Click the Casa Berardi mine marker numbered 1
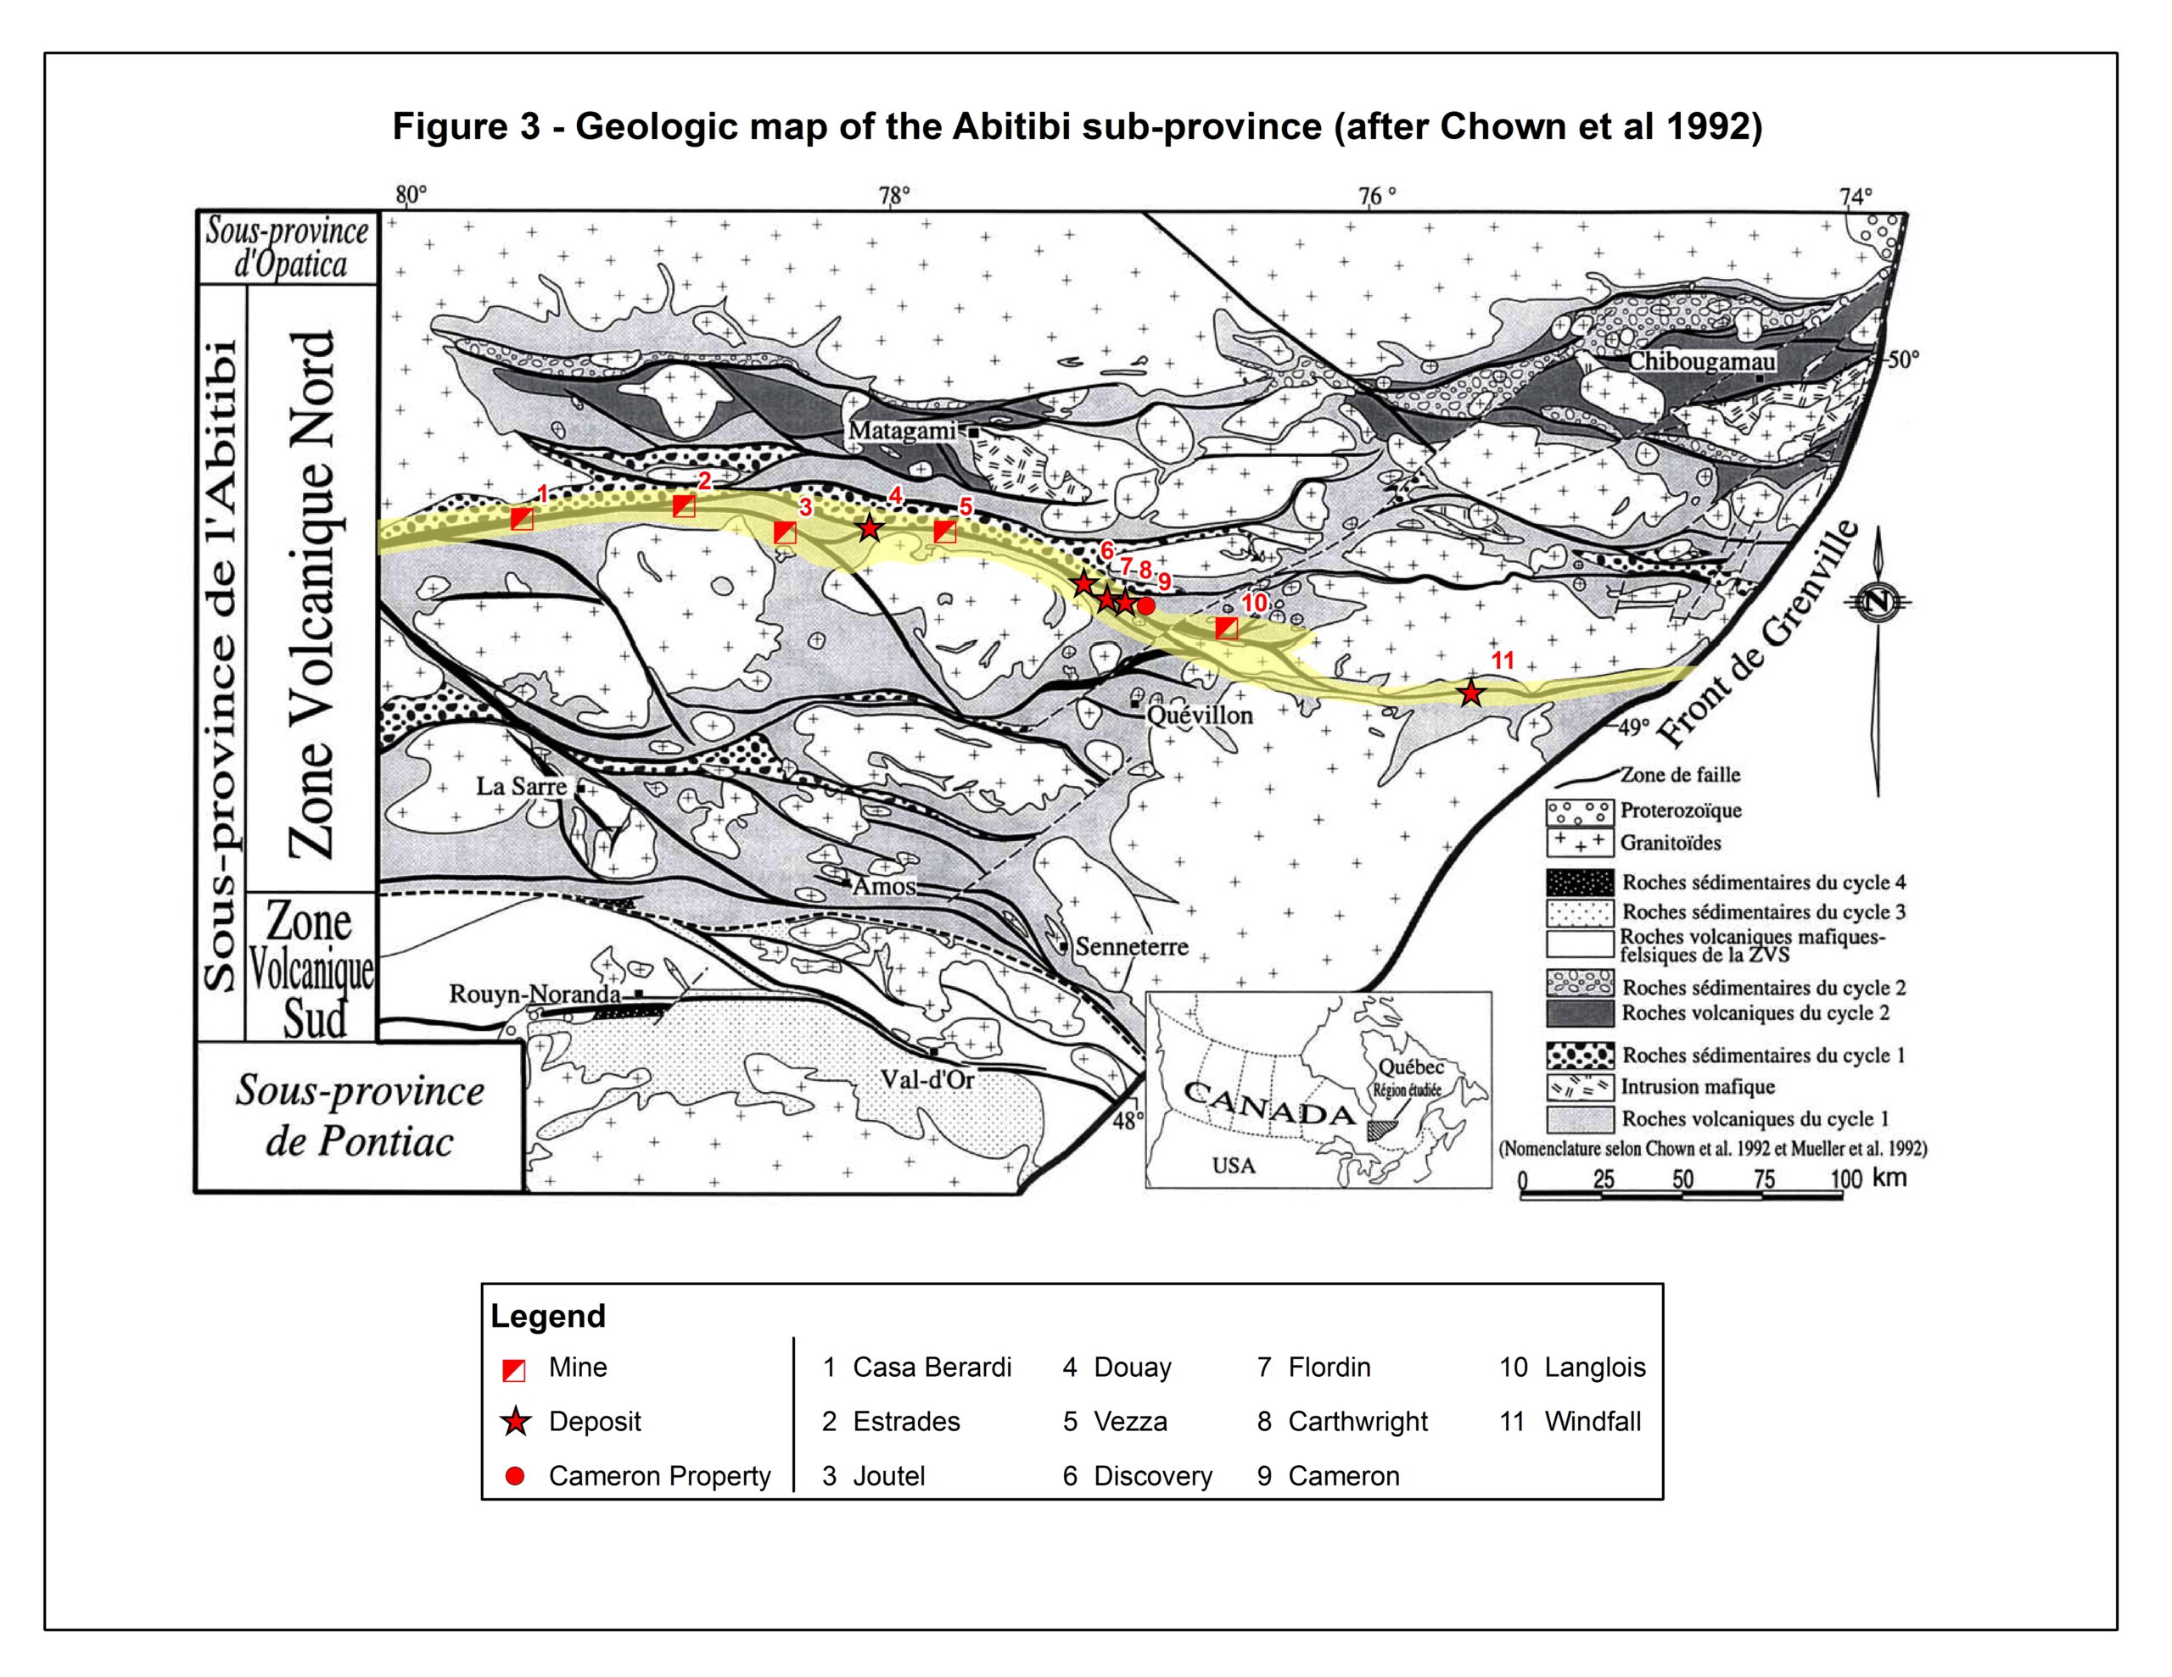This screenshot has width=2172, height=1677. click(521, 518)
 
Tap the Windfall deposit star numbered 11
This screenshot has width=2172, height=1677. click(1471, 693)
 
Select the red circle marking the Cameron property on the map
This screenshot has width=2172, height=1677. click(1145, 605)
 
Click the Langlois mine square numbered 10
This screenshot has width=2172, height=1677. click(1227, 627)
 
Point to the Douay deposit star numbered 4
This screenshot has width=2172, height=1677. click(869, 528)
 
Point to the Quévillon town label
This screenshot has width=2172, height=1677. click(1200, 715)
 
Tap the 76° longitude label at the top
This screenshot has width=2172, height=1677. click(1376, 196)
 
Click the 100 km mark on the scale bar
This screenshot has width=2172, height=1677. click(1844, 1180)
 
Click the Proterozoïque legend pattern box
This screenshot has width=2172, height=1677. click(1579, 811)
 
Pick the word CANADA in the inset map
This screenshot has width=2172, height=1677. click(1269, 1103)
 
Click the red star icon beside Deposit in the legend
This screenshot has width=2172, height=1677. click(515, 1422)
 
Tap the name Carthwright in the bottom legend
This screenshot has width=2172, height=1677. click(1357, 1422)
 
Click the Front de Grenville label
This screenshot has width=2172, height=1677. click(1757, 636)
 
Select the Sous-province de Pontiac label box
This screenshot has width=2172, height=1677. click(359, 1117)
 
